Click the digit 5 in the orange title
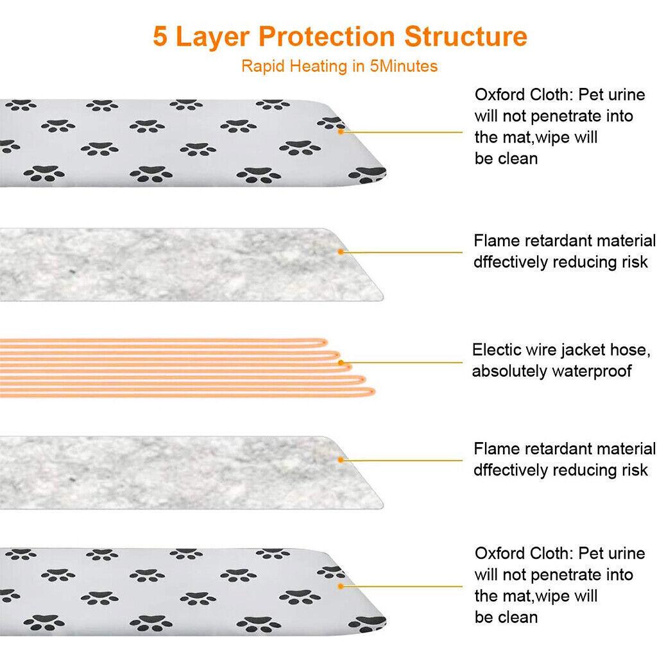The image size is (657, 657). [x=160, y=37]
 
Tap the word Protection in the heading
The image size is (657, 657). [x=327, y=37]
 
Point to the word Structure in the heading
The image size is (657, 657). [x=466, y=37]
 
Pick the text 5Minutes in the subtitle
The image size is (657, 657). [x=404, y=66]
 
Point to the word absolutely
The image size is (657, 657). [x=509, y=371]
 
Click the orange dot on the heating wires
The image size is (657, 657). [x=341, y=363]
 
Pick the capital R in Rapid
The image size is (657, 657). [x=246, y=66]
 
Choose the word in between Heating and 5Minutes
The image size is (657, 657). [x=358, y=66]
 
